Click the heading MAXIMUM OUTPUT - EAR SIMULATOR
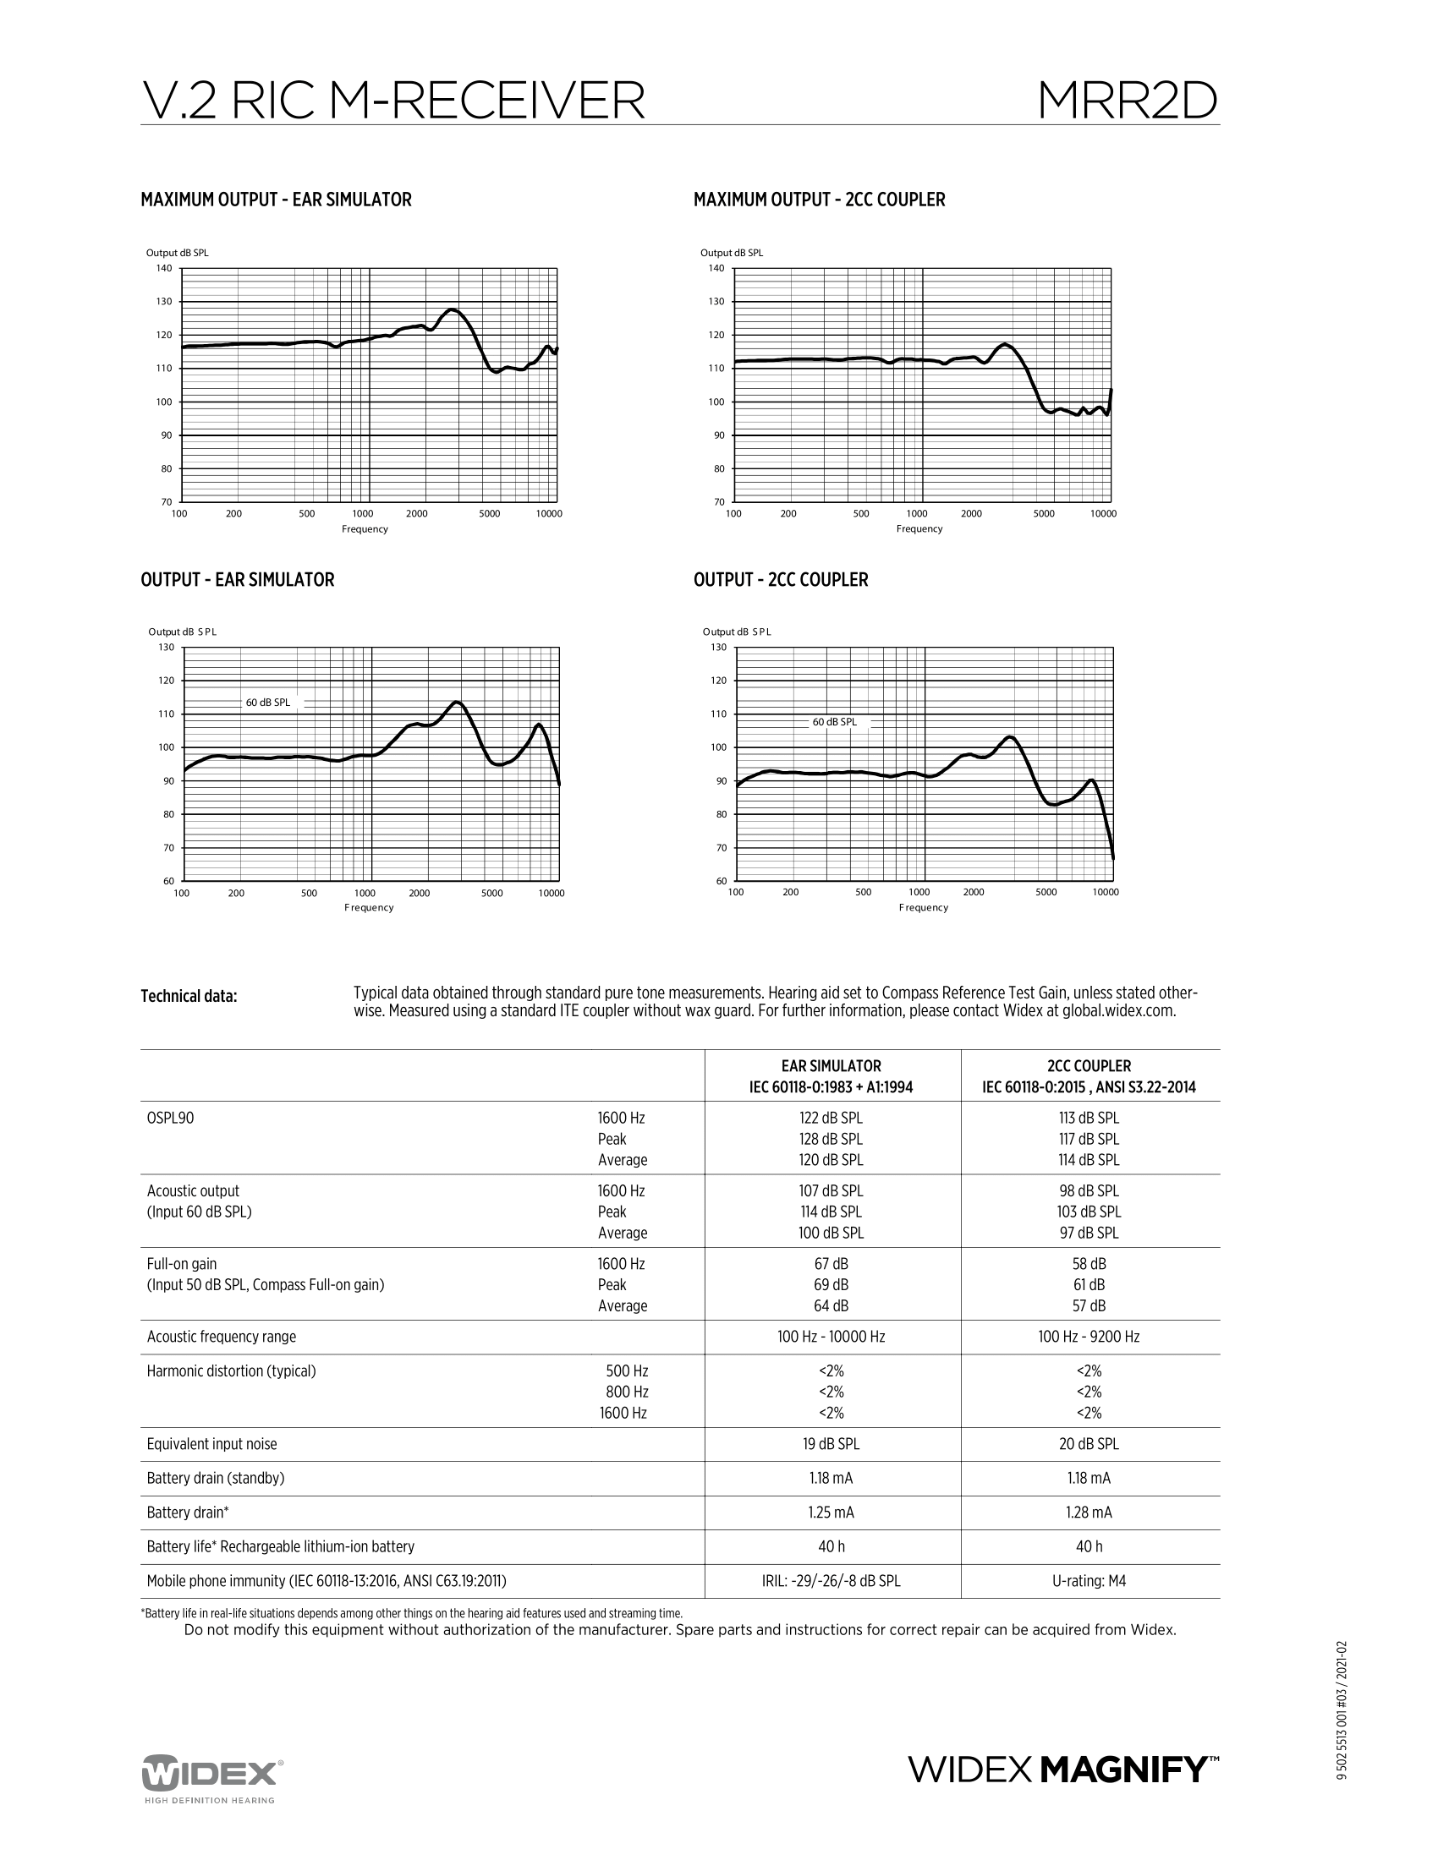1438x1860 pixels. (275, 200)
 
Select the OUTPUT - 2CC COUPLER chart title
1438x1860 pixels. (781, 580)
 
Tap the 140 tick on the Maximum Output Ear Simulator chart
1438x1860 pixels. (163, 268)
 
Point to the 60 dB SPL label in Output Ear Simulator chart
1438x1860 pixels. (267, 703)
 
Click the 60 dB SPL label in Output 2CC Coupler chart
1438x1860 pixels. (834, 722)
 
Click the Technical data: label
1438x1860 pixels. (189, 997)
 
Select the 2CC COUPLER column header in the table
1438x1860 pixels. (1089, 1066)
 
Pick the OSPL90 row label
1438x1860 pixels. (170, 1119)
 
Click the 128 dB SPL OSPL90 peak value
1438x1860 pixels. (832, 1140)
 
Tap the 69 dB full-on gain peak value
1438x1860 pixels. (832, 1285)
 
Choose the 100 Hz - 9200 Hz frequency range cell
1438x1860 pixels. (1089, 1338)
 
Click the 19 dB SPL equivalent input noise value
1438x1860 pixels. (832, 1444)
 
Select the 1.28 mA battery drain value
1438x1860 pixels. (1089, 1513)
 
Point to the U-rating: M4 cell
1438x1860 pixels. (1089, 1582)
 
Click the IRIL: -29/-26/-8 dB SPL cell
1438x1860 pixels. (832, 1582)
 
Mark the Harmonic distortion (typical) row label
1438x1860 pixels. (231, 1371)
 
